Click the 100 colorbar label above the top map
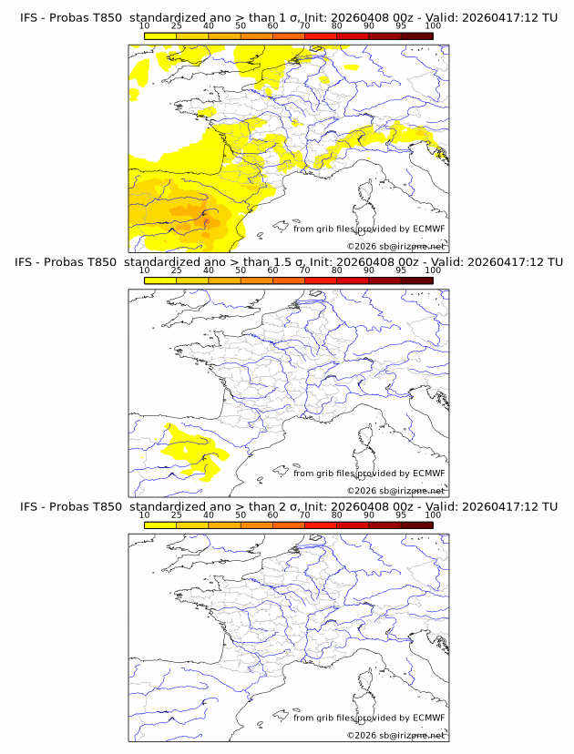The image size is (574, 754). (433, 26)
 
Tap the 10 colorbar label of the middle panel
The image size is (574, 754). (144, 270)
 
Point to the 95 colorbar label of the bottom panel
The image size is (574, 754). (401, 515)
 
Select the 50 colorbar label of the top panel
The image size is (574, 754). (241, 26)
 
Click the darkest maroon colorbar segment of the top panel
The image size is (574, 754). (417, 36)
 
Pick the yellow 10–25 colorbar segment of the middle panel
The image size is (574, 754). (159, 280)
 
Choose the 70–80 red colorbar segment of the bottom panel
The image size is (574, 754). (321, 525)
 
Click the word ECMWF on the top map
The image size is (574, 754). (429, 229)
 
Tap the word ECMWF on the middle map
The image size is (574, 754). (429, 474)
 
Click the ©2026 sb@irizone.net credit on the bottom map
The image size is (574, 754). (396, 735)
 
